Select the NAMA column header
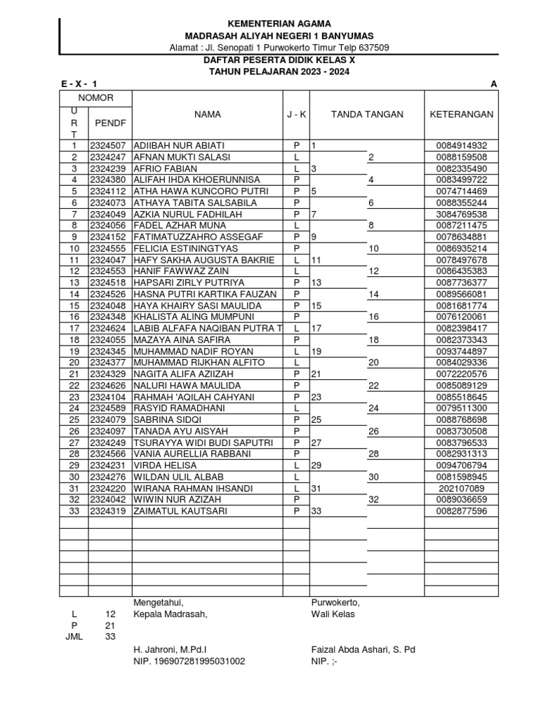[208, 114]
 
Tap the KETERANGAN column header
[461, 114]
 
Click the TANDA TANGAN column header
[367, 114]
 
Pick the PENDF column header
[109, 123]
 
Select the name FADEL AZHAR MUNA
[179, 226]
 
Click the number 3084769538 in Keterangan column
[461, 214]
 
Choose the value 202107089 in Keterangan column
[461, 489]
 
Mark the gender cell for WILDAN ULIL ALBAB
[296, 477]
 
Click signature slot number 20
[373, 363]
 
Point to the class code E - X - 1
[79, 84]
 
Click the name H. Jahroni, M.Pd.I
[170, 649]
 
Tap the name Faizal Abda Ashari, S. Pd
[363, 649]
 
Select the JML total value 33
[110, 637]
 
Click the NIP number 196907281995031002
[189, 661]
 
